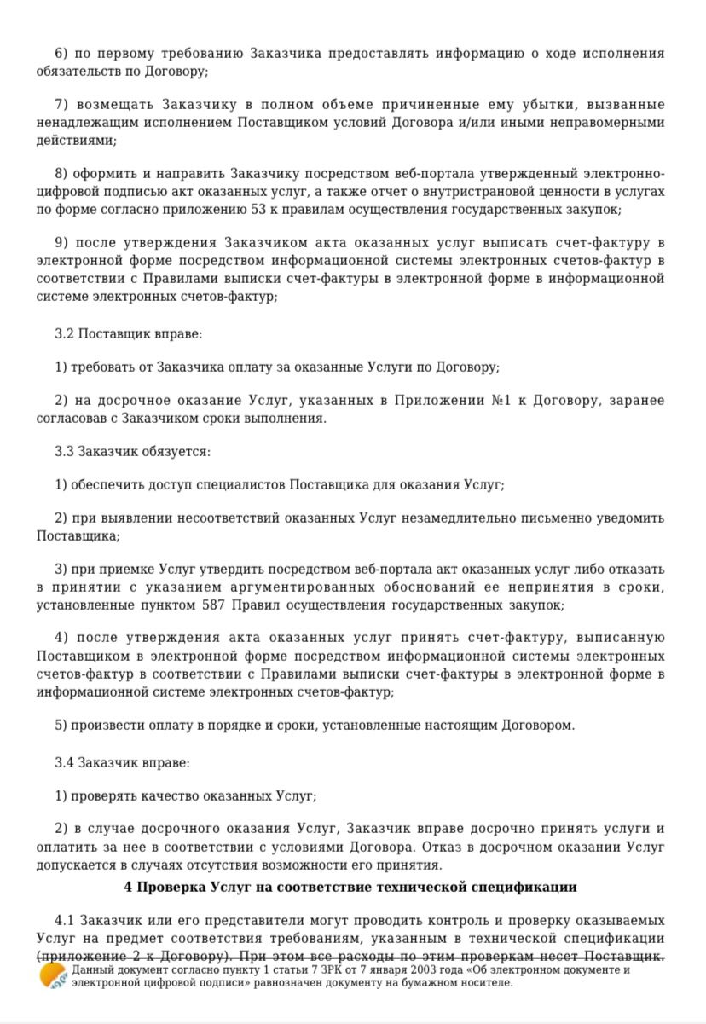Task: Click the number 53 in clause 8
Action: [x=285, y=210]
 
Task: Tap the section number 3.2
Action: [x=65, y=334]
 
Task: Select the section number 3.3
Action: [x=65, y=451]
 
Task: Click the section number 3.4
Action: [x=65, y=762]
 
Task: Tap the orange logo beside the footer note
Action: [x=53, y=975]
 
